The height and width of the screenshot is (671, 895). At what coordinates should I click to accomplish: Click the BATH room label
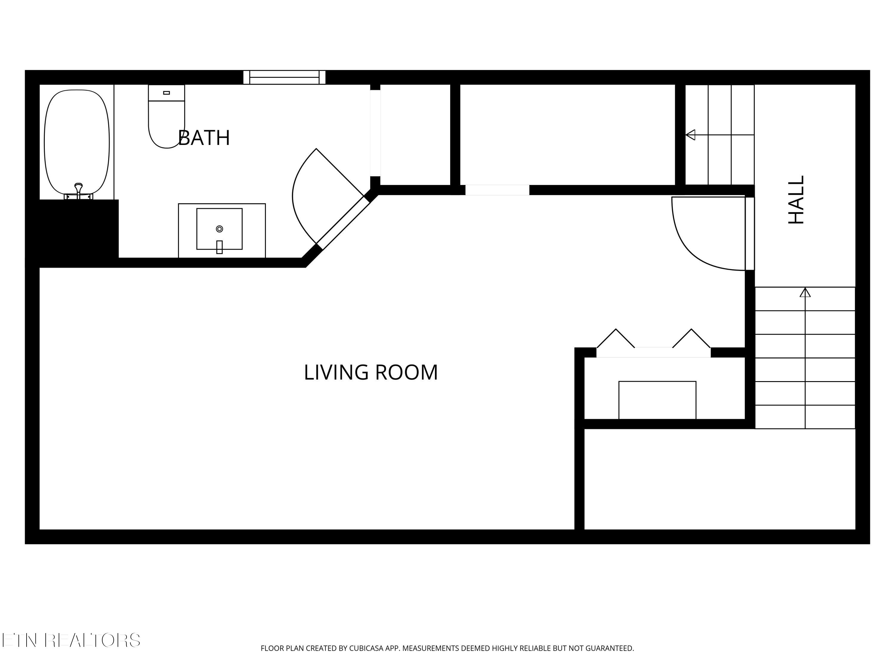[x=204, y=137]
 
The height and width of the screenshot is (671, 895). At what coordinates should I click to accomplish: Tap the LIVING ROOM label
[x=371, y=372]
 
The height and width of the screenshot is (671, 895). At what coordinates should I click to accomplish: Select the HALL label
[x=796, y=200]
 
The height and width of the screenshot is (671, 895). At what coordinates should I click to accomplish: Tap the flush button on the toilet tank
[x=166, y=93]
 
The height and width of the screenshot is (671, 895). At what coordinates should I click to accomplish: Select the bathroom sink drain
[x=219, y=229]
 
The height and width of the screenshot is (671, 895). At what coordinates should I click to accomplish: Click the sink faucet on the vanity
[x=219, y=247]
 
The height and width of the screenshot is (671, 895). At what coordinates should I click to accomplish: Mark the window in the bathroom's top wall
[x=284, y=77]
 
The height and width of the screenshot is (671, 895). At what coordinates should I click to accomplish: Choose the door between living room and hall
[x=750, y=234]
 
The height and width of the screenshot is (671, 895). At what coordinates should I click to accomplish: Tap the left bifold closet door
[x=616, y=338]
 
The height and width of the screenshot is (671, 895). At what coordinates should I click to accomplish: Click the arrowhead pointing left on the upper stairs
[x=690, y=135]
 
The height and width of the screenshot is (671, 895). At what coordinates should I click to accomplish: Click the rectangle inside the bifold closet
[x=657, y=400]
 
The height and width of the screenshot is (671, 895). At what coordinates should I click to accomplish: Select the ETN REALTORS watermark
[x=71, y=640]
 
